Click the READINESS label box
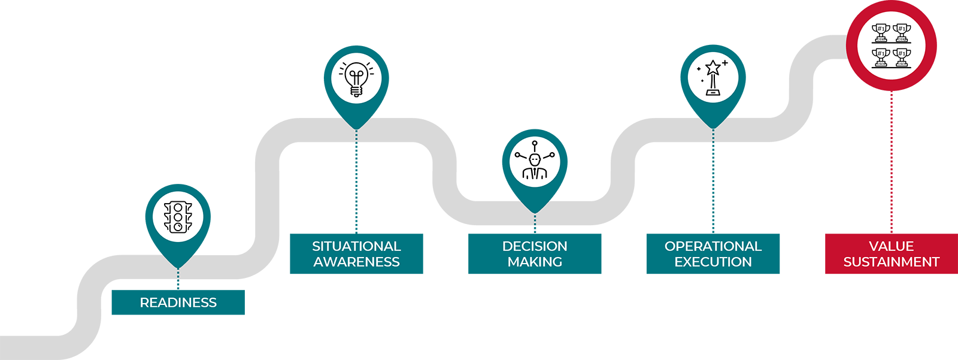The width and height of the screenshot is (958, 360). (x=178, y=302)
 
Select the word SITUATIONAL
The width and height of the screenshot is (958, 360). (x=356, y=246)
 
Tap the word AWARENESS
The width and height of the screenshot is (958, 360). (x=356, y=262)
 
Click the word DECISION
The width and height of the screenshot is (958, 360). (x=535, y=246)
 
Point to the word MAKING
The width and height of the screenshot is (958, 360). (x=535, y=262)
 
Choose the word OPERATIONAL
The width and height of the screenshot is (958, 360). (x=713, y=246)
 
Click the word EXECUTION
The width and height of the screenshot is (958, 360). (x=713, y=262)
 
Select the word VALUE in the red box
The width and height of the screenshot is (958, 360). (x=892, y=246)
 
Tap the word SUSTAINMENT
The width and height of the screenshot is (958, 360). (x=892, y=262)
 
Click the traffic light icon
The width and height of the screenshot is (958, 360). (x=178, y=217)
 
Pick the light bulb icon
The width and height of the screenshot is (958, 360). (x=356, y=78)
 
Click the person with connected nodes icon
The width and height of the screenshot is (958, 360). (x=535, y=160)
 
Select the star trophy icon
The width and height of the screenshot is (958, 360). (x=713, y=78)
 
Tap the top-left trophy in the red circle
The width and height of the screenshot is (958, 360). (x=881, y=33)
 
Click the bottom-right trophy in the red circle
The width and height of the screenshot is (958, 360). (x=902, y=58)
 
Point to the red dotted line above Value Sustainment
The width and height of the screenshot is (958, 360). (x=892, y=162)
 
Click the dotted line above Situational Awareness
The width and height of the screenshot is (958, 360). (x=356, y=181)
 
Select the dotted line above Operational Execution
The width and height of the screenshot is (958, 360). (x=713, y=181)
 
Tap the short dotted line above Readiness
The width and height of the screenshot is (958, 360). (x=178, y=279)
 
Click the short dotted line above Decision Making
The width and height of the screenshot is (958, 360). (x=535, y=223)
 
